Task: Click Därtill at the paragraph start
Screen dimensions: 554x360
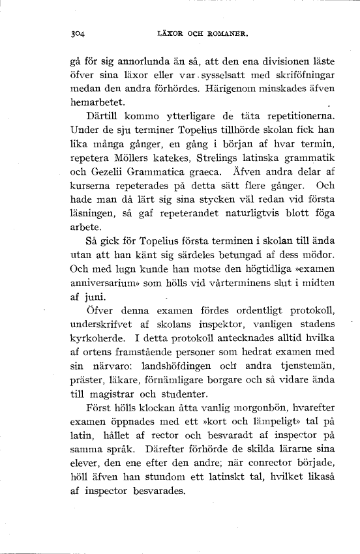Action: coord(104,117)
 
